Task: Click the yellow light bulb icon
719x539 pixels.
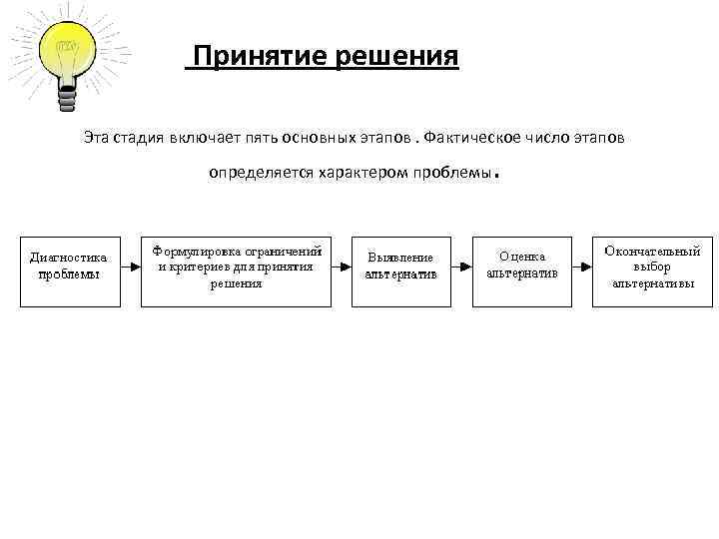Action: pos(67,50)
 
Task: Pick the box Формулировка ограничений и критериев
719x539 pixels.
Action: pos(237,268)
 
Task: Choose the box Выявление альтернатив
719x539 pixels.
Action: pos(400,268)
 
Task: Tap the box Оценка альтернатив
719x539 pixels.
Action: pos(521,268)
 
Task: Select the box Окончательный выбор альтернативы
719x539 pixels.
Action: pos(651,268)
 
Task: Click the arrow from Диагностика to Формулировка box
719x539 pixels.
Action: pos(130,268)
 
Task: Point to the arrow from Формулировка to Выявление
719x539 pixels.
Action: pos(342,268)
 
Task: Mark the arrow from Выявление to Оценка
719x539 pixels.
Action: pos(460,268)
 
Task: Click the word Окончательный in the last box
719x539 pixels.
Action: pos(652,253)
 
